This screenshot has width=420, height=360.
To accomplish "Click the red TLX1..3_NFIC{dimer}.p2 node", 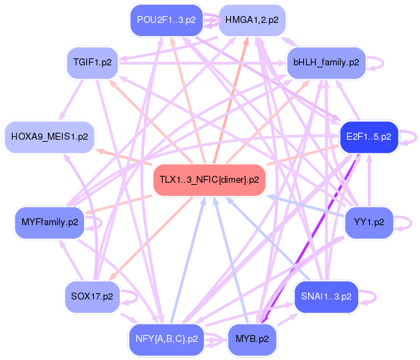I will tap(209, 179).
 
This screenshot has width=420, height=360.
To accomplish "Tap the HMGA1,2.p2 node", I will tap(251, 20).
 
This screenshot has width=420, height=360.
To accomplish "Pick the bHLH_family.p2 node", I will tap(326, 63).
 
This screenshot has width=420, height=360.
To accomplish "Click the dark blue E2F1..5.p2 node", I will tap(368, 136).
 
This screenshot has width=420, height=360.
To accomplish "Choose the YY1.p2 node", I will tap(369, 223).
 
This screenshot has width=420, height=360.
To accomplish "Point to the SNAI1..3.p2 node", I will tap(326, 296).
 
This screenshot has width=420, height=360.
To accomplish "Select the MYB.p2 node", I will tap(252, 338).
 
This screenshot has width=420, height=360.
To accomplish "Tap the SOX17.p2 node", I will tap(91, 296).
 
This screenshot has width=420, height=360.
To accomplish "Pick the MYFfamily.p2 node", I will tap(49, 223).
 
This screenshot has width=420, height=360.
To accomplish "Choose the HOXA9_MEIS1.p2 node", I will tap(49, 136).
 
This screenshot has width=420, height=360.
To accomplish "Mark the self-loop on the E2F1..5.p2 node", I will tap(408, 136).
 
